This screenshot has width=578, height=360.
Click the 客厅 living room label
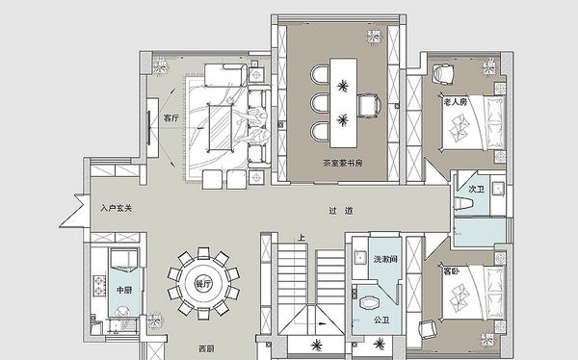coord(171,119)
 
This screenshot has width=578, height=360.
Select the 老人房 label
coord(455,100)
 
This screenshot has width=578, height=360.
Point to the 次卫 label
coord(474,190)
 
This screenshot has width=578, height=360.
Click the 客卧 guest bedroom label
coord(451,271)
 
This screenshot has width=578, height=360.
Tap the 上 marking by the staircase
coord(302,237)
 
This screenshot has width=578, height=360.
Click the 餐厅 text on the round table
coord(202,284)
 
